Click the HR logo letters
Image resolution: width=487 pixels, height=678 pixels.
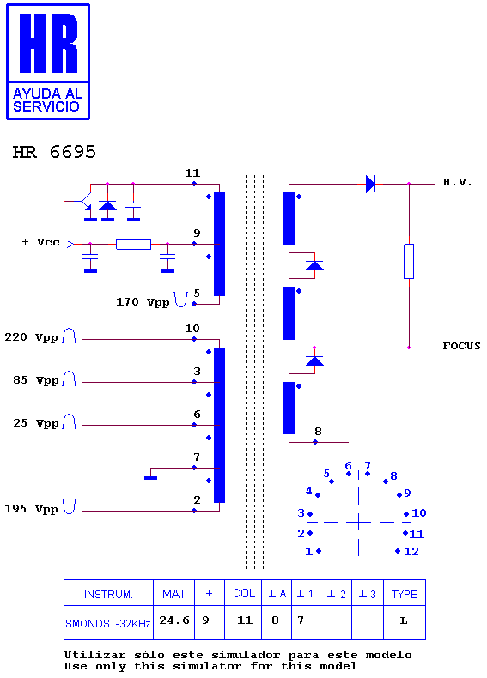click(48, 43)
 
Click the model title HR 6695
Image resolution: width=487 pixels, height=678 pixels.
click(54, 152)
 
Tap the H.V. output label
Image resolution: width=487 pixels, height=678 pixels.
click(457, 182)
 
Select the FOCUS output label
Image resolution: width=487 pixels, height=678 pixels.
click(461, 346)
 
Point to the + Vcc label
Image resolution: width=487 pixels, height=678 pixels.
click(40, 242)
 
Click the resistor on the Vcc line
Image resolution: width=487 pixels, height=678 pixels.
click(133, 245)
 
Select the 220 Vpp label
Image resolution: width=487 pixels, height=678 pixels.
click(31, 337)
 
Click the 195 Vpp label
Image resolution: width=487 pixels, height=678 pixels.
click(31, 509)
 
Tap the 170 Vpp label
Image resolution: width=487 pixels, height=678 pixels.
click(143, 302)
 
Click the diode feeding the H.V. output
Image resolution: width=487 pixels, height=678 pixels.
click(370, 184)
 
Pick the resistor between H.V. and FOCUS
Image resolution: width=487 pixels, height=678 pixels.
click(409, 261)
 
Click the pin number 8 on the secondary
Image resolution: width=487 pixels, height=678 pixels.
click(318, 431)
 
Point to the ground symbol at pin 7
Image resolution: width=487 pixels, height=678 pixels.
click(150, 477)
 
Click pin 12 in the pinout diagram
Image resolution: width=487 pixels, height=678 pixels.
click(407, 551)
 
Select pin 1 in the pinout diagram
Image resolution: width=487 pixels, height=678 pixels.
click(313, 551)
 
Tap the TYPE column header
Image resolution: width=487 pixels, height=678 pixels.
click(405, 594)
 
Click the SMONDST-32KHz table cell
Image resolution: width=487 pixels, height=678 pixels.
click(108, 623)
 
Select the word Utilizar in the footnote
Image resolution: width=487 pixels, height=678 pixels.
click(94, 655)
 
